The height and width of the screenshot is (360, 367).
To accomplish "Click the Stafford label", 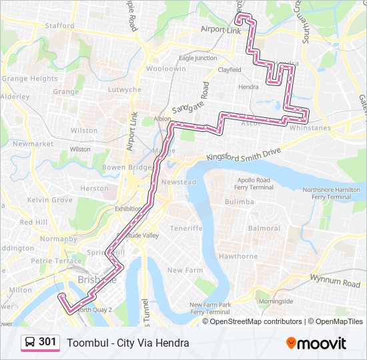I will point(59,26).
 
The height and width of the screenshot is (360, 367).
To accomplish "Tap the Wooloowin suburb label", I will point(166,69).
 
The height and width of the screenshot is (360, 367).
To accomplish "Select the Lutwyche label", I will point(125,89).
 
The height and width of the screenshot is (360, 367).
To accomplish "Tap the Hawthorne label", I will point(238,256).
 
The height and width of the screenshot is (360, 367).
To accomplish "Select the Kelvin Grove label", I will point(49,200).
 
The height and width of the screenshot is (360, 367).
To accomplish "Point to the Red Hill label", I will point(33,222).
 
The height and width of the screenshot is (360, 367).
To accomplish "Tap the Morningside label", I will point(276,301).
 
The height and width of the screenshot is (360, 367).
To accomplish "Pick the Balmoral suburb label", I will point(264,228).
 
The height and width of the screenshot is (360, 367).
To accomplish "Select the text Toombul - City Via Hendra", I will point(127,343).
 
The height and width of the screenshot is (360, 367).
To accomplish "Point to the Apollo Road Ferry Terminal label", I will point(254,184).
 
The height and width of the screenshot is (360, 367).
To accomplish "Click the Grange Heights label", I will point(29,79).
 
